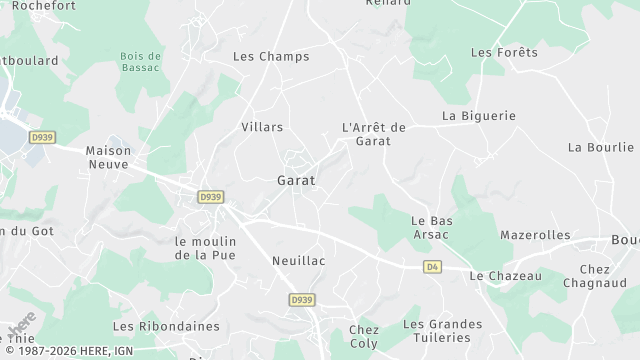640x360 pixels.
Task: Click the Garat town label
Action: pyautogui.click(x=295, y=181)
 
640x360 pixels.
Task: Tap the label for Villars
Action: pyautogui.click(x=262, y=127)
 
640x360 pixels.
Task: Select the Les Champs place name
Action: pyautogui.click(x=271, y=56)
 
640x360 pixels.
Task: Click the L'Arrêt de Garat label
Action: pyautogui.click(x=373, y=134)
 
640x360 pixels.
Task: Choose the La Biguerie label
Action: pyautogui.click(x=479, y=116)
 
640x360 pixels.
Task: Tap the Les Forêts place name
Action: pyautogui.click(x=504, y=52)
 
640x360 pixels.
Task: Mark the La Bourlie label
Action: pyautogui.click(x=601, y=147)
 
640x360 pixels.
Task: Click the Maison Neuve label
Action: pyautogui.click(x=108, y=156)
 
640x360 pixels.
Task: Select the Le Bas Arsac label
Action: pyautogui.click(x=432, y=227)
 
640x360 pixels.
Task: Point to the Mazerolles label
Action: pyautogui.click(x=535, y=235)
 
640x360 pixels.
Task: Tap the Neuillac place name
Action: pyautogui.click(x=299, y=260)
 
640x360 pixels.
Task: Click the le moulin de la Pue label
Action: pyautogui.click(x=205, y=248)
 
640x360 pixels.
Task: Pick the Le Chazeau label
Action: pyautogui.click(x=505, y=276)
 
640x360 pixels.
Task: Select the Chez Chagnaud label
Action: pyautogui.click(x=594, y=276)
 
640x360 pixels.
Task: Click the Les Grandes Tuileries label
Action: pyautogui.click(x=442, y=331)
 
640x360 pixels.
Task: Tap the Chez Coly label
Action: pyautogui.click(x=364, y=337)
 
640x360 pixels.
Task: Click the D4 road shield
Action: pyautogui.click(x=432, y=267)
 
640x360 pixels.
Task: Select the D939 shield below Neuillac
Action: pyautogui.click(x=301, y=299)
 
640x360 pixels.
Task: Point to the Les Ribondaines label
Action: pyautogui.click(x=152, y=326)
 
